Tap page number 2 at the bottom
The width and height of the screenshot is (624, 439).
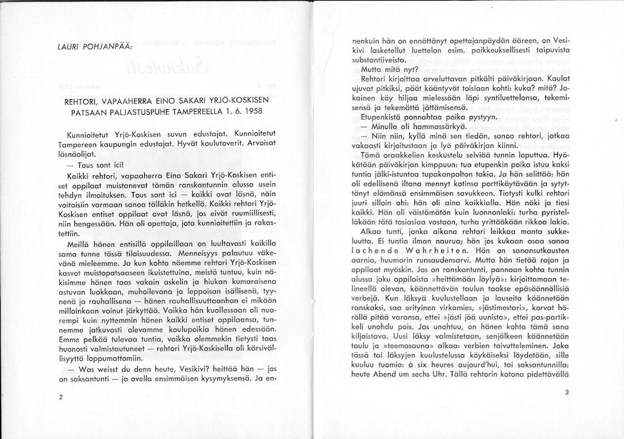click(59, 397)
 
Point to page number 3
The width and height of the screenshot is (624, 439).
click(566, 393)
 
